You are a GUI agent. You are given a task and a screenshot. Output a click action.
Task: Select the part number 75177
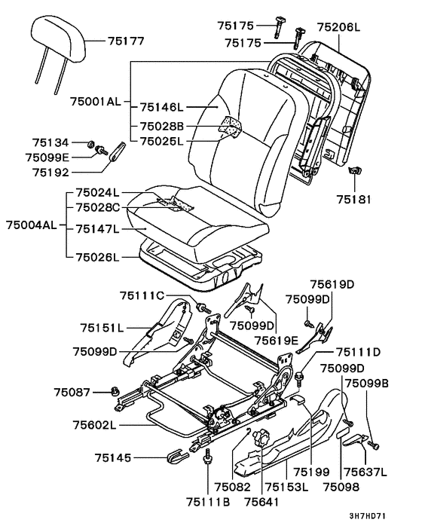click(x=126, y=41)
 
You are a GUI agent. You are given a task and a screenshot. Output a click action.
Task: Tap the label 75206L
click(x=338, y=27)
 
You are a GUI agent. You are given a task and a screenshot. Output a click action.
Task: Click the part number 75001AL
click(x=96, y=102)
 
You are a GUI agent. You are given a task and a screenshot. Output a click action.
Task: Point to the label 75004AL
click(x=32, y=225)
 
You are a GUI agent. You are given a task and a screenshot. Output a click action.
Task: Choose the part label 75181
click(x=354, y=199)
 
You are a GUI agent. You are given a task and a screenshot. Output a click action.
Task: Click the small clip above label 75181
click(x=355, y=170)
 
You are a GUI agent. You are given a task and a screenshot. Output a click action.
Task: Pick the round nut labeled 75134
click(x=90, y=145)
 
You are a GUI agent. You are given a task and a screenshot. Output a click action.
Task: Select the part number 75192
click(x=51, y=173)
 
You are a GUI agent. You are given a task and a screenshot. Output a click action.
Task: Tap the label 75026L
click(x=98, y=257)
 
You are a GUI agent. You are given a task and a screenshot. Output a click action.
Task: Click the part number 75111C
click(x=142, y=296)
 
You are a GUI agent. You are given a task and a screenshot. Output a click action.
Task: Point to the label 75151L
click(x=102, y=328)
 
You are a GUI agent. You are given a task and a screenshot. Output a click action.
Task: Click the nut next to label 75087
click(x=115, y=392)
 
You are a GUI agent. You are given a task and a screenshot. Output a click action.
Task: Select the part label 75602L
click(x=95, y=425)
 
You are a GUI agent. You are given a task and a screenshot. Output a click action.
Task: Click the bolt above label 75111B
click(x=207, y=457)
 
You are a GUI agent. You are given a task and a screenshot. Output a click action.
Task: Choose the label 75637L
click(x=365, y=472)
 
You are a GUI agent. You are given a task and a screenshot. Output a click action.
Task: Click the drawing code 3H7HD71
click(x=368, y=516)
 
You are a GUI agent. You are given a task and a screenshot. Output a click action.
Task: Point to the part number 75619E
click(x=277, y=340)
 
